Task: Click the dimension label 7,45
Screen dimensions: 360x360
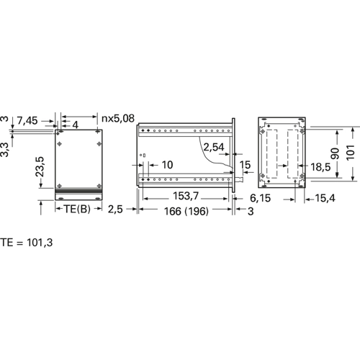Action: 27,120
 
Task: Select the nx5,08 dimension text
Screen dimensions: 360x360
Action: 118,118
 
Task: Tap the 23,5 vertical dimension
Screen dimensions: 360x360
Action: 40,167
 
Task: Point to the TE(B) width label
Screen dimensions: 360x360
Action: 77,209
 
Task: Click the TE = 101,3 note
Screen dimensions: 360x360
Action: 26,243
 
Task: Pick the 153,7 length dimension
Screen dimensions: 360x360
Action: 186,196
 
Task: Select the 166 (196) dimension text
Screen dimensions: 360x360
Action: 186,211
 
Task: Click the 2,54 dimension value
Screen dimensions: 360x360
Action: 214,147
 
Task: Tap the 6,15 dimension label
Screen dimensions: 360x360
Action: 260,198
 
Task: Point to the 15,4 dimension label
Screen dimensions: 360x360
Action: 325,198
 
